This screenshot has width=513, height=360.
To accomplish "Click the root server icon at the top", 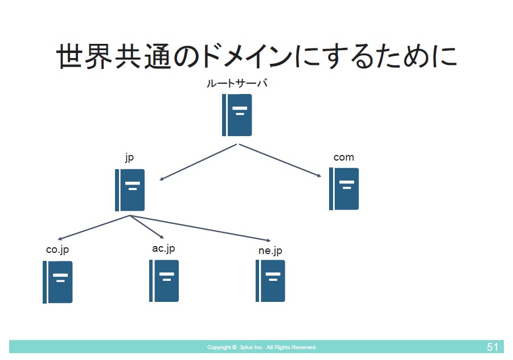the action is click(237, 115).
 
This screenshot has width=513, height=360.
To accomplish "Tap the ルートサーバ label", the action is click(237, 83).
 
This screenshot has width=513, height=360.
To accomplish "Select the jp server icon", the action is click(130, 190).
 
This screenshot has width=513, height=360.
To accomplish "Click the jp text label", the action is click(130, 158).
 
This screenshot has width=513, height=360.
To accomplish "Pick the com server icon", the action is click(344, 189).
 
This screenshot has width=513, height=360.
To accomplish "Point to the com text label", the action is click(343, 157).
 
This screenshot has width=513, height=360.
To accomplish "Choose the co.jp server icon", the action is click(58, 282).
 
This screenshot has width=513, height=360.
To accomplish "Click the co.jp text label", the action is click(58, 249).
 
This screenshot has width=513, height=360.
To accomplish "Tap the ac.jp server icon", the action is click(164, 281).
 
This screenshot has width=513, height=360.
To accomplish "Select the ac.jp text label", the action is click(163, 249).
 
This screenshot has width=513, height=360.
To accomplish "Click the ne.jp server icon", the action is click(270, 281).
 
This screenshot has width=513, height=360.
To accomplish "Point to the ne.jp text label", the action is click(270, 251).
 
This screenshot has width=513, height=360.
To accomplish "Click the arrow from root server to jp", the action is click(198, 162).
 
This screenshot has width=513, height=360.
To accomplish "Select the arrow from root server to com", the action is click(280, 161).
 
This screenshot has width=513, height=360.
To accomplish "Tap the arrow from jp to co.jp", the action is click(93, 227).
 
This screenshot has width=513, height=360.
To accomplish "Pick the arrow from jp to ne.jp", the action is click(200, 228).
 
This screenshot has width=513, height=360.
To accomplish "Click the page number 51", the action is click(493, 347).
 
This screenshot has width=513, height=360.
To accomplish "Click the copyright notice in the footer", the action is click(262, 347).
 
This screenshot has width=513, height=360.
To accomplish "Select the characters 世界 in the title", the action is click(84, 56).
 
